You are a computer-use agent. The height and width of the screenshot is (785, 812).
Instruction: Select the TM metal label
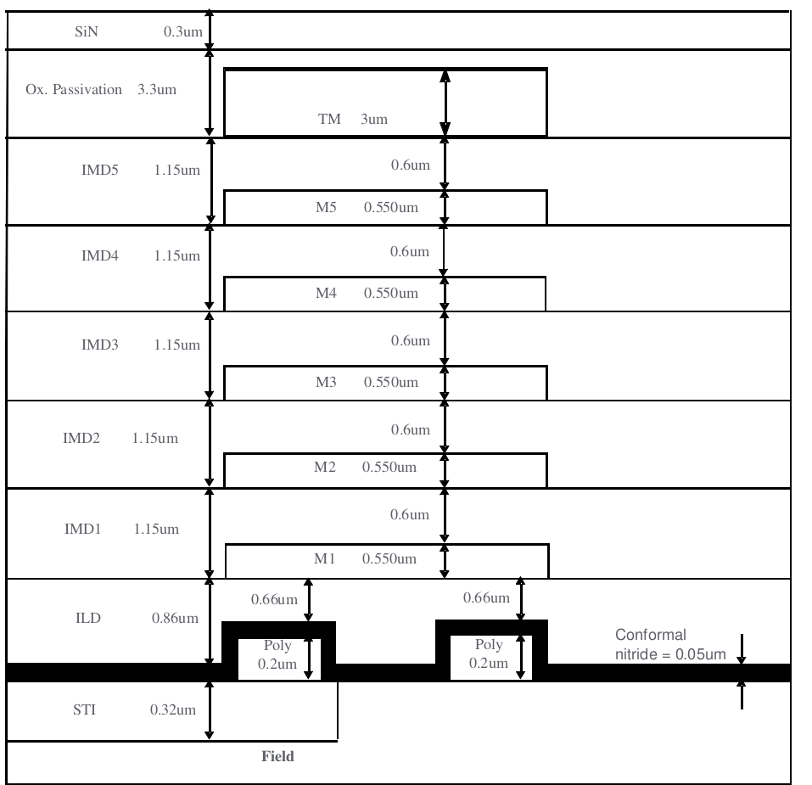329,120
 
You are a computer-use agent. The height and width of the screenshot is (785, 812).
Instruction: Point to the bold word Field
277,756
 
